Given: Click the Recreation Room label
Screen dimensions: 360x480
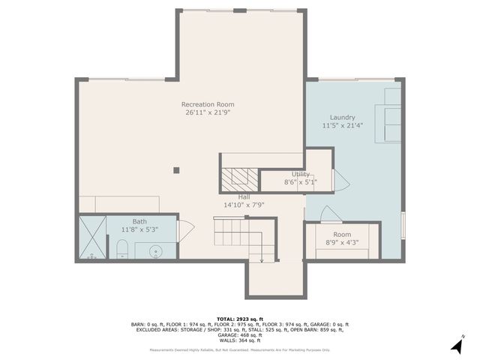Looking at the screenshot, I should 208,104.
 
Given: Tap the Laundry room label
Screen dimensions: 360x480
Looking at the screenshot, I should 342,118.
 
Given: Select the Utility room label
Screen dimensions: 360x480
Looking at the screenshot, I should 300,174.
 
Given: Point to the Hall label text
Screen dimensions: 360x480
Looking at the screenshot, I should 244,196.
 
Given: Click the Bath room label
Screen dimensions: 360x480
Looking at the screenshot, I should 140,221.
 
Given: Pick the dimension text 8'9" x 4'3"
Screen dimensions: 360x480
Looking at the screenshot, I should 343,242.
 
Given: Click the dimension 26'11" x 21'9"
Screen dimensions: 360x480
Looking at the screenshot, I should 208,112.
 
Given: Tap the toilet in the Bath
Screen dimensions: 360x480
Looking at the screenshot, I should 123,249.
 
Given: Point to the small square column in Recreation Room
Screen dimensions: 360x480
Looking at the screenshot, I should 176,170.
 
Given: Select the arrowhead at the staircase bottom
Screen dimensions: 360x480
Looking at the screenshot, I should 261,260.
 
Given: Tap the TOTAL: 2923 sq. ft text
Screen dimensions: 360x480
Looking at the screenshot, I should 239,319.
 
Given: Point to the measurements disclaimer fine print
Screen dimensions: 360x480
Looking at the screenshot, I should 239,349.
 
